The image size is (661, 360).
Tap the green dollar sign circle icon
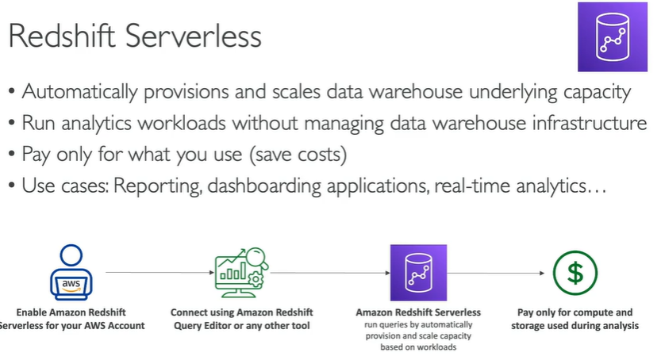coord(575,272)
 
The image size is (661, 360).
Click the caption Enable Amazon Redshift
coord(71,312)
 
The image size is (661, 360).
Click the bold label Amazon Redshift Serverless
coord(418,312)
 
